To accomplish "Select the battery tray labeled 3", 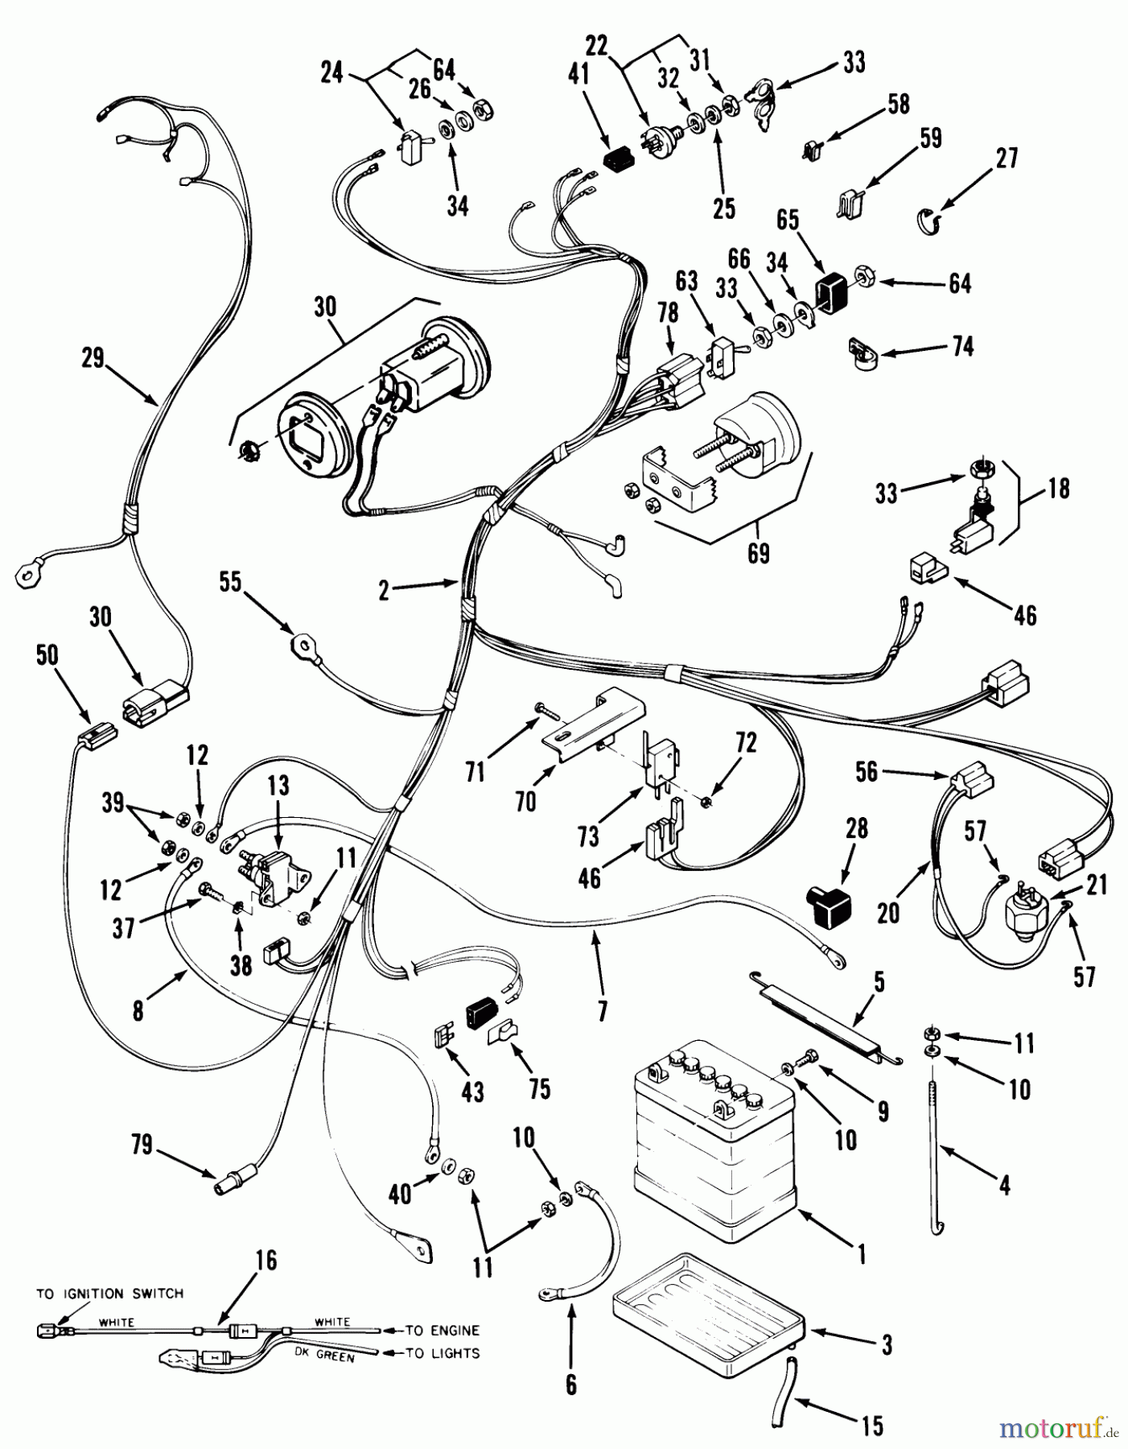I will click(x=708, y=1312).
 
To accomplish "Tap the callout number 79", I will click(x=142, y=1145).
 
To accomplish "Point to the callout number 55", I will click(x=231, y=582).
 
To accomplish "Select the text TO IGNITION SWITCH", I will click(x=109, y=1294).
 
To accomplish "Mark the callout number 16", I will click(x=266, y=1260).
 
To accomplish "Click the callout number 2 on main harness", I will click(x=385, y=592).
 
